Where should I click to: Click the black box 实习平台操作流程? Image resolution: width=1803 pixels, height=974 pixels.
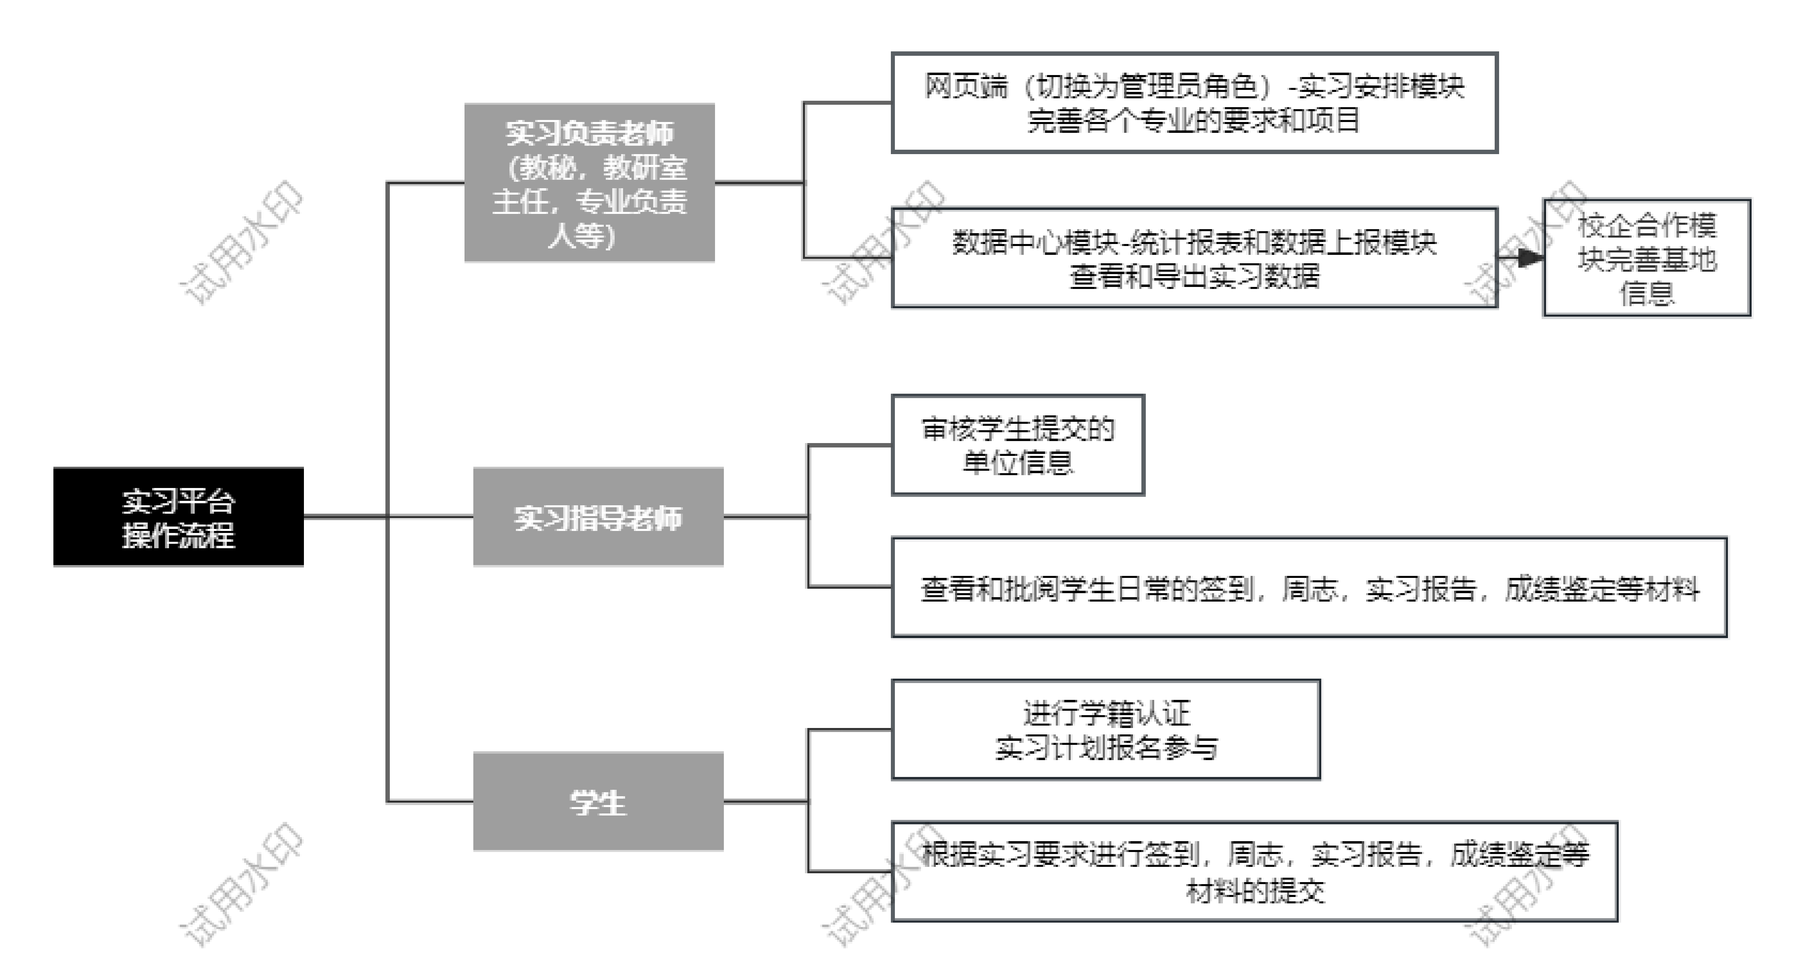click(179, 516)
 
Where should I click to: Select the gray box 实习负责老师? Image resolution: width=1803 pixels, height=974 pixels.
click(589, 183)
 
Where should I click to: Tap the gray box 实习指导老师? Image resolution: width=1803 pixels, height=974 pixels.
click(599, 516)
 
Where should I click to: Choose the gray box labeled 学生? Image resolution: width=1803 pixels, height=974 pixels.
click(599, 801)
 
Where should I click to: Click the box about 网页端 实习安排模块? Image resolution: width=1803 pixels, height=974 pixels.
click(1194, 102)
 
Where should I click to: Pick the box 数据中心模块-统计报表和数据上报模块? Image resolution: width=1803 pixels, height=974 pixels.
click(1194, 258)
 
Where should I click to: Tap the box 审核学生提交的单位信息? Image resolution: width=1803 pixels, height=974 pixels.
click(1018, 445)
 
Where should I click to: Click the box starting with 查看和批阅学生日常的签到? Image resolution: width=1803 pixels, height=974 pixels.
click(1309, 587)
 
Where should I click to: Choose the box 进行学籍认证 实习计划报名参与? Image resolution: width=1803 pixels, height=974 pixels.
click(1106, 729)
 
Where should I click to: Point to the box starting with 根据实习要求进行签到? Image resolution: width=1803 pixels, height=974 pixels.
click(1254, 871)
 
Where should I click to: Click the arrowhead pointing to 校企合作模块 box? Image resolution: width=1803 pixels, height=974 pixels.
click(1532, 258)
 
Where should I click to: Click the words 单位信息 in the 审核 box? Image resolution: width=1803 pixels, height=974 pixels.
click(1018, 462)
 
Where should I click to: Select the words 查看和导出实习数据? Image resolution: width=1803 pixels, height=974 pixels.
click(1194, 276)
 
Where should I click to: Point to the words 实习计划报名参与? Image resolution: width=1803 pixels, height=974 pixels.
click(1106, 747)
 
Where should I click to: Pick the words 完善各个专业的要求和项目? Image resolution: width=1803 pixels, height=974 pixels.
click(1194, 120)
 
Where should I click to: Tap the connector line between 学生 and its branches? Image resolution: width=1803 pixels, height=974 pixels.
click(766, 801)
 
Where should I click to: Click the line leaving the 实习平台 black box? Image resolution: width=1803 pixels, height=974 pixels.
click(345, 516)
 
